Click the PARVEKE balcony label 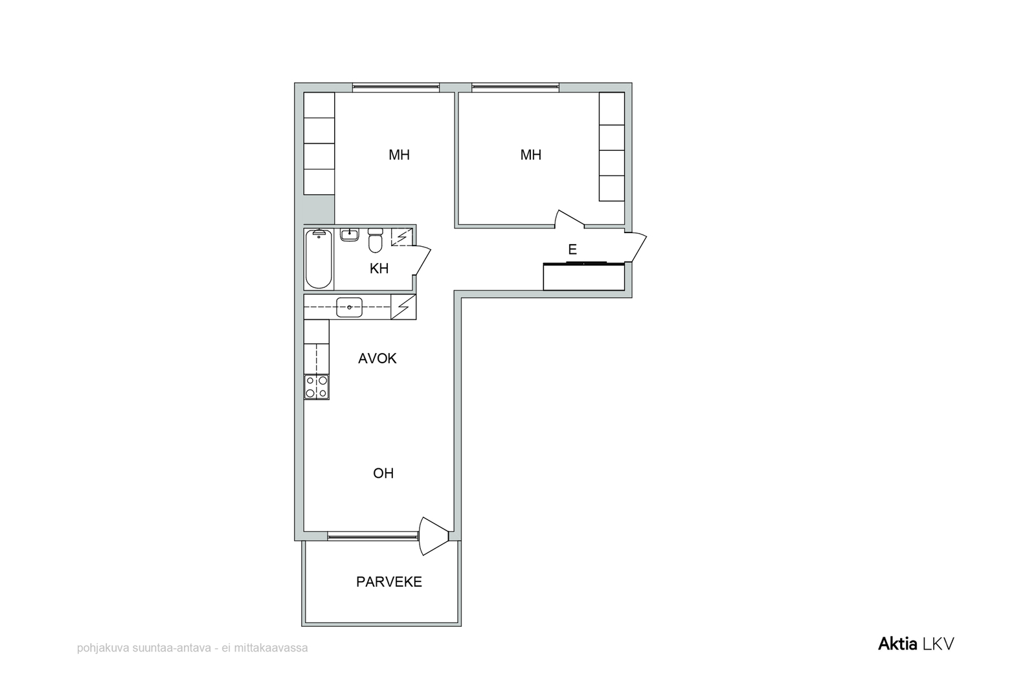tap(389, 582)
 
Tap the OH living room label tap(383, 473)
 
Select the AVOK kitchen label tap(377, 358)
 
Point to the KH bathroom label tap(379, 268)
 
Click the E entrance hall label tap(572, 250)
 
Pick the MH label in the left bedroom tap(399, 155)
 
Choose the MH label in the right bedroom tap(531, 155)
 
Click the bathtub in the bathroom tap(319, 258)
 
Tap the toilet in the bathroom tap(375, 240)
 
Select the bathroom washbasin tap(350, 234)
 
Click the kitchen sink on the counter tap(349, 307)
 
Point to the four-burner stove tap(317, 387)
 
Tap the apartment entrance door tap(636, 247)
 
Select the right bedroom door tap(569, 219)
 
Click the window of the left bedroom tap(396, 87)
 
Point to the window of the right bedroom tap(515, 87)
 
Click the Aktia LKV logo tap(916, 644)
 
